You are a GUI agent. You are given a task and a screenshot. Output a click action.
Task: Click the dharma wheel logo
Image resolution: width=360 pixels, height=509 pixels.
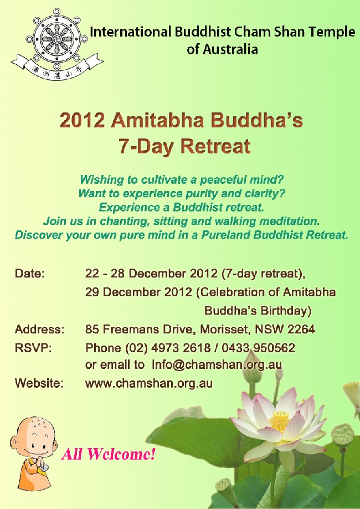pyautogui.click(x=57, y=44)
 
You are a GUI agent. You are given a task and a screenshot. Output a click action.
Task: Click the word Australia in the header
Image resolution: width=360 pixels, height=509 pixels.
pyautogui.click(x=230, y=50)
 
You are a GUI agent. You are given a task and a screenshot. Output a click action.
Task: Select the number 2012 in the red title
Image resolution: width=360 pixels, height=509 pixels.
pyautogui.click(x=82, y=121)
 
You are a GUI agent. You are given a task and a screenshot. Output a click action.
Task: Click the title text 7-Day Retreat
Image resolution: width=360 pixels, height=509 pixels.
pyautogui.click(x=184, y=146)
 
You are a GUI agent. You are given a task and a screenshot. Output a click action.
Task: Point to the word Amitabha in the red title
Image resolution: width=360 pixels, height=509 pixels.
pyautogui.click(x=157, y=121)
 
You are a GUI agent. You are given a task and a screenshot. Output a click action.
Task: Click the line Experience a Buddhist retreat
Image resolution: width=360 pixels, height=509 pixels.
pyautogui.click(x=181, y=207)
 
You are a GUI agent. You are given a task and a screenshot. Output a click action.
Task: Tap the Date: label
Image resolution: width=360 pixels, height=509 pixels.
pyautogui.click(x=29, y=273)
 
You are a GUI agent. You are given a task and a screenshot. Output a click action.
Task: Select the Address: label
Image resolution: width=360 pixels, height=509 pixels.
pyautogui.click(x=39, y=330)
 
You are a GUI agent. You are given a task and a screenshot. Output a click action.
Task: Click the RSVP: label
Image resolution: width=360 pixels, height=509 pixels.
pyautogui.click(x=33, y=348)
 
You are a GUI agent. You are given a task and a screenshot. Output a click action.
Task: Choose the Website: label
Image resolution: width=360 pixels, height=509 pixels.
pyautogui.click(x=39, y=383)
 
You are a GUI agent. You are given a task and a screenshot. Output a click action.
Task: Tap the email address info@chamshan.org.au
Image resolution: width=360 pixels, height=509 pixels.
pyautogui.click(x=217, y=365)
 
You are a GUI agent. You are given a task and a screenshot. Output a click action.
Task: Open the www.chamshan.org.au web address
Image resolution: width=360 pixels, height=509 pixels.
pyautogui.click(x=148, y=384)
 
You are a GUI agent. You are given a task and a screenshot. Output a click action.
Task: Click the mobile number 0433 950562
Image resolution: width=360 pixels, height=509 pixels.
pyautogui.click(x=259, y=348)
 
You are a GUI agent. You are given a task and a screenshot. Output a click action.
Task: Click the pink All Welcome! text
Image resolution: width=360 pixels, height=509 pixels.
pyautogui.click(x=108, y=454)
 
